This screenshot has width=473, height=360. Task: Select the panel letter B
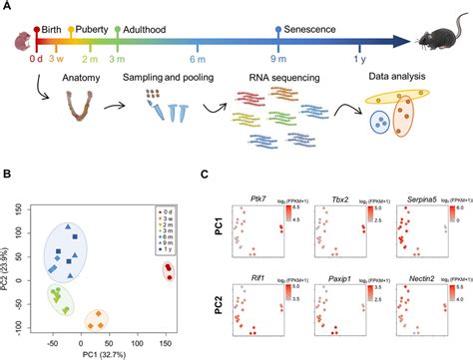click(7, 175)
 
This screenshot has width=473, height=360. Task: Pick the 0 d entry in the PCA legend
click(172, 211)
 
